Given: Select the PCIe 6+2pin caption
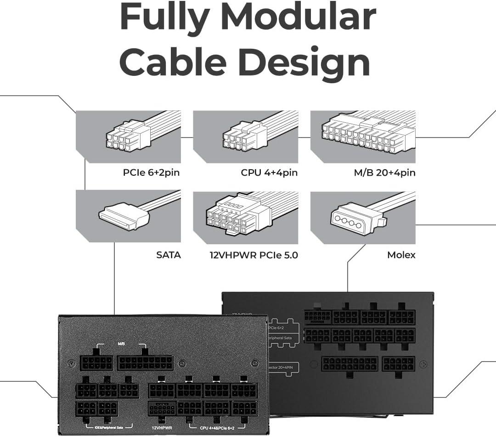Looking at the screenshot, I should click(151, 173).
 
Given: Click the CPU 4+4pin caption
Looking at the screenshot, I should click(269, 173).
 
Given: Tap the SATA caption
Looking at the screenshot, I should click(169, 254).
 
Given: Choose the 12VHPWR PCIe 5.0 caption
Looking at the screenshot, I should click(254, 254).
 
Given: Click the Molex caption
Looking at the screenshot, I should click(401, 254).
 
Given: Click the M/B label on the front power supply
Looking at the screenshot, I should click(122, 344).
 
